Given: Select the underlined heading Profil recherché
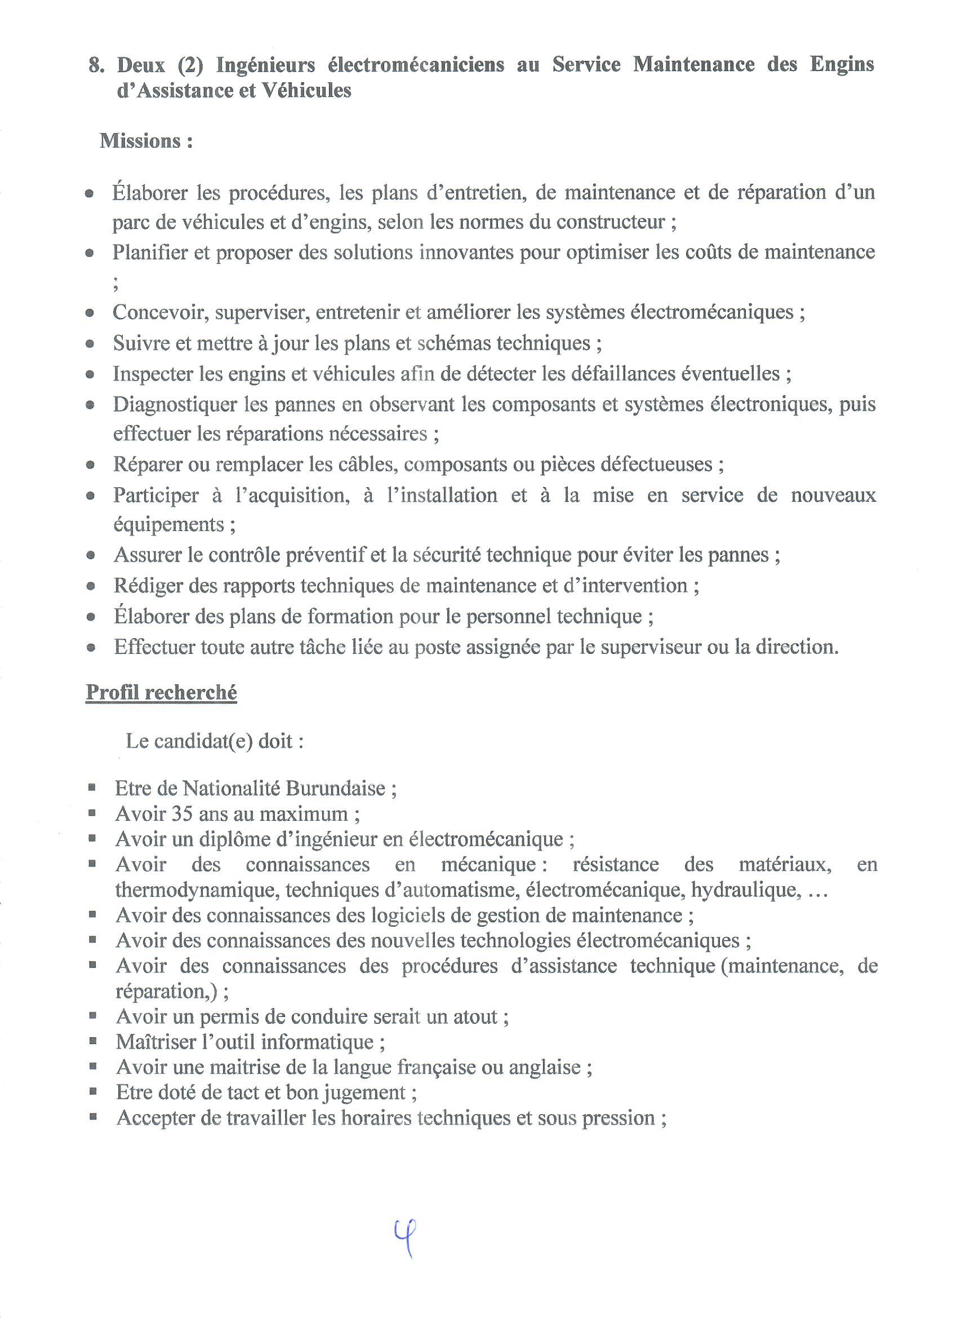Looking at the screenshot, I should pyautogui.click(x=162, y=693).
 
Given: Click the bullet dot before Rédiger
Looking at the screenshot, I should pyautogui.click(x=90, y=586).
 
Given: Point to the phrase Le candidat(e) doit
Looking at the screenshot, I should pyautogui.click(x=213, y=742).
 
